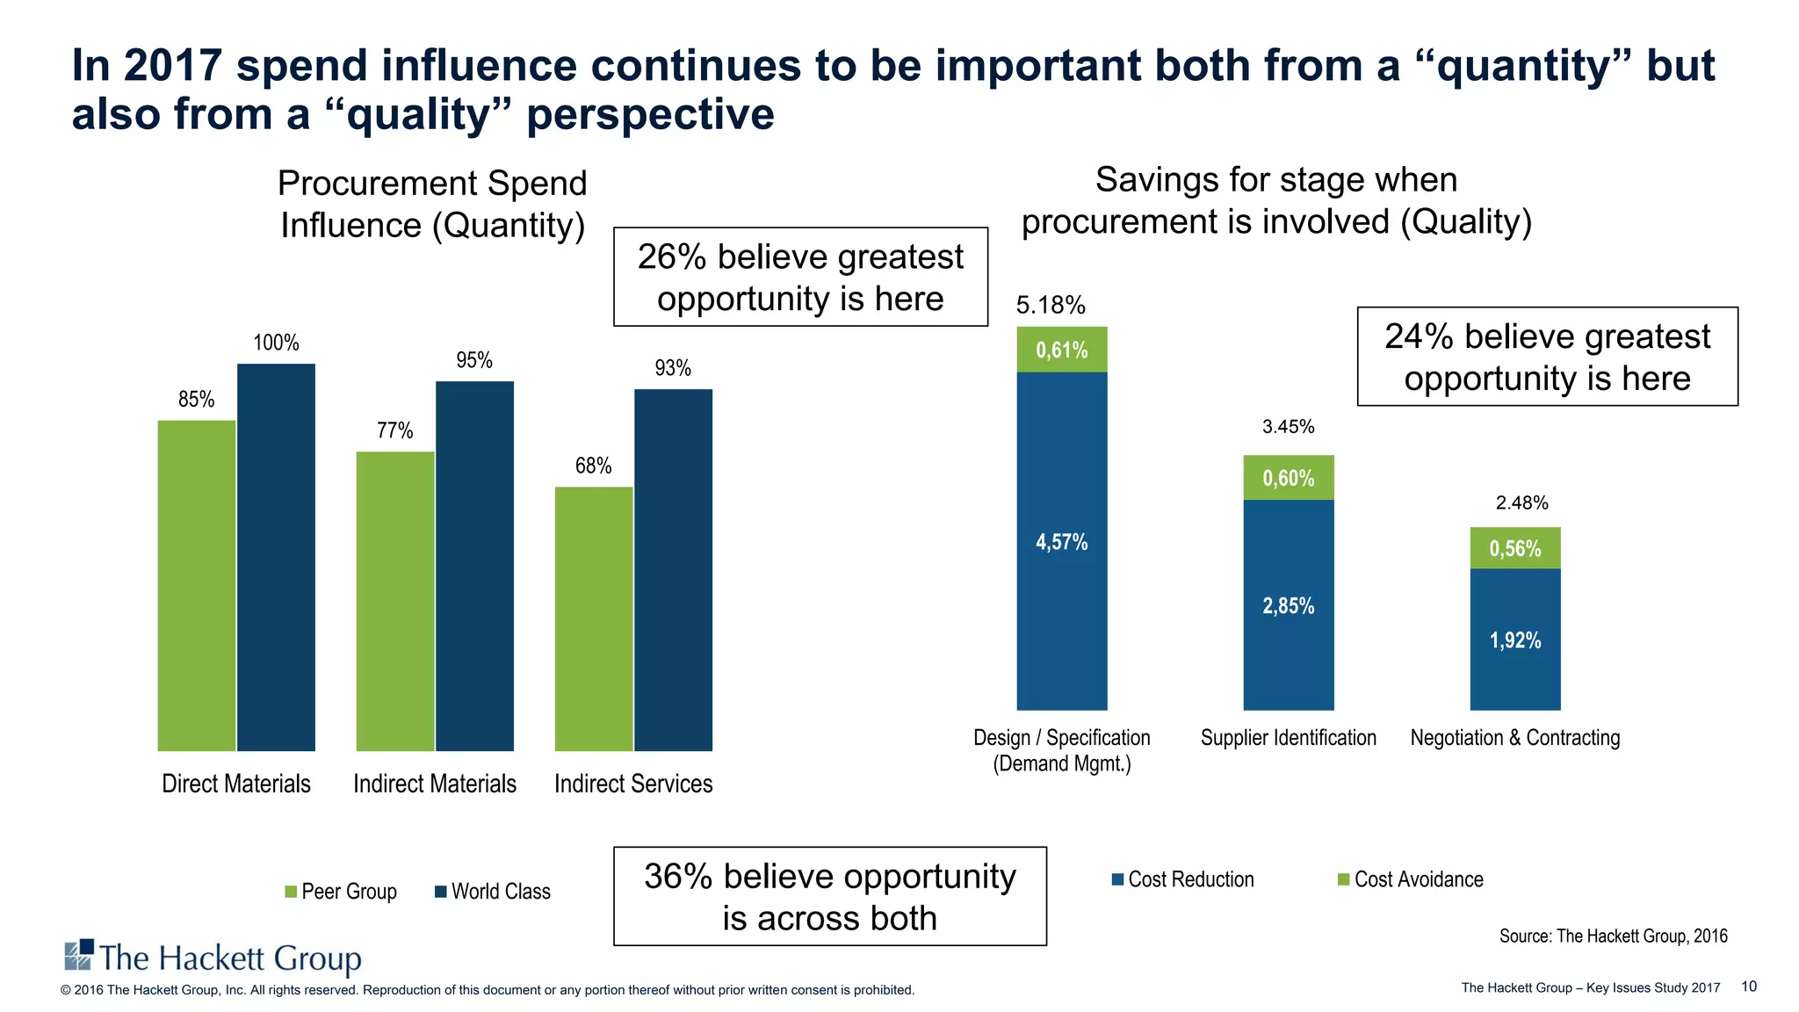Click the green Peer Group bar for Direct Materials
[x=197, y=585]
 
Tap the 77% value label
[x=394, y=430]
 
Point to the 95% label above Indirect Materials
[x=474, y=360]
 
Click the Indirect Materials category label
[x=435, y=784]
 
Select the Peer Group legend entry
[x=341, y=892]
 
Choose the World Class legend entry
[x=493, y=892]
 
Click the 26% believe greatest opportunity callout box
[x=800, y=278]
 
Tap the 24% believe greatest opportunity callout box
[x=1547, y=357]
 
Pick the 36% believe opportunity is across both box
[x=829, y=897]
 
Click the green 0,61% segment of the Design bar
[x=1061, y=350]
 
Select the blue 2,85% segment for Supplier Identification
[x=1288, y=605]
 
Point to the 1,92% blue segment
[x=1514, y=640]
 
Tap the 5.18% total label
[x=1051, y=306]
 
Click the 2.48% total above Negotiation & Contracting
[x=1521, y=503]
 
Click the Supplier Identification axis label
[x=1288, y=738]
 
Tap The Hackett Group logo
[x=213, y=958]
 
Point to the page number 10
[x=1748, y=987]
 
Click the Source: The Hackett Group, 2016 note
[x=1613, y=936]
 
